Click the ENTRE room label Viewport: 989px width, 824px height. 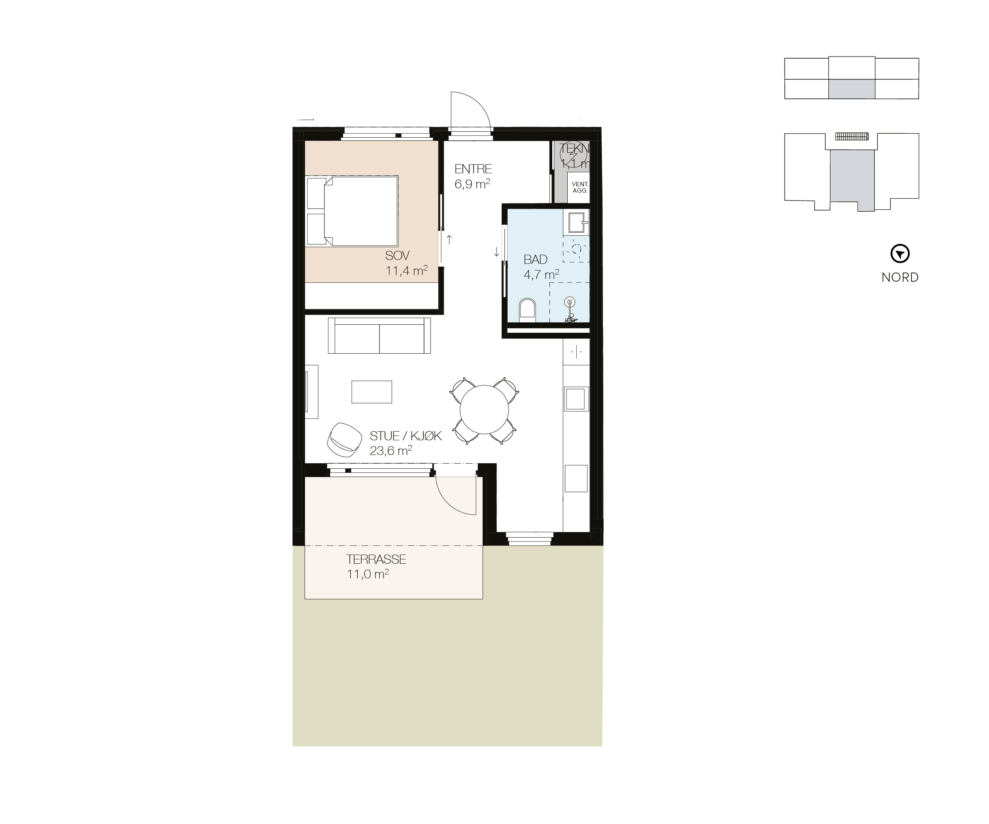(473, 169)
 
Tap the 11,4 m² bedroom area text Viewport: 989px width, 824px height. (406, 271)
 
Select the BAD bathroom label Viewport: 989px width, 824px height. (536, 260)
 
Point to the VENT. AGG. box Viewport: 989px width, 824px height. (579, 188)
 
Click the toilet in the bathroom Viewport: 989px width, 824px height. (527, 311)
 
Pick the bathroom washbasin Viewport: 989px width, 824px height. (578, 222)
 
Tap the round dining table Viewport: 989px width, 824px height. (484, 410)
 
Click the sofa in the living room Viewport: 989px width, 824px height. (379, 335)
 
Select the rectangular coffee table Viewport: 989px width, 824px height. (371, 392)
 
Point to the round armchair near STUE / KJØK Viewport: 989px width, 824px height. (344, 440)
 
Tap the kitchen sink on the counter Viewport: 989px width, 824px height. (575, 399)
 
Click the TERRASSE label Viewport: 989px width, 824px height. (376, 559)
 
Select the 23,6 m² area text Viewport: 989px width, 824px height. (390, 451)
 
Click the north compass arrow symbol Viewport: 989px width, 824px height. (900, 254)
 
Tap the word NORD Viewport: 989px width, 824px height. (900, 277)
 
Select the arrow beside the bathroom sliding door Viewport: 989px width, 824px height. (496, 252)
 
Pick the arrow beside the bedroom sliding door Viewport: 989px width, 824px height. (449, 240)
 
